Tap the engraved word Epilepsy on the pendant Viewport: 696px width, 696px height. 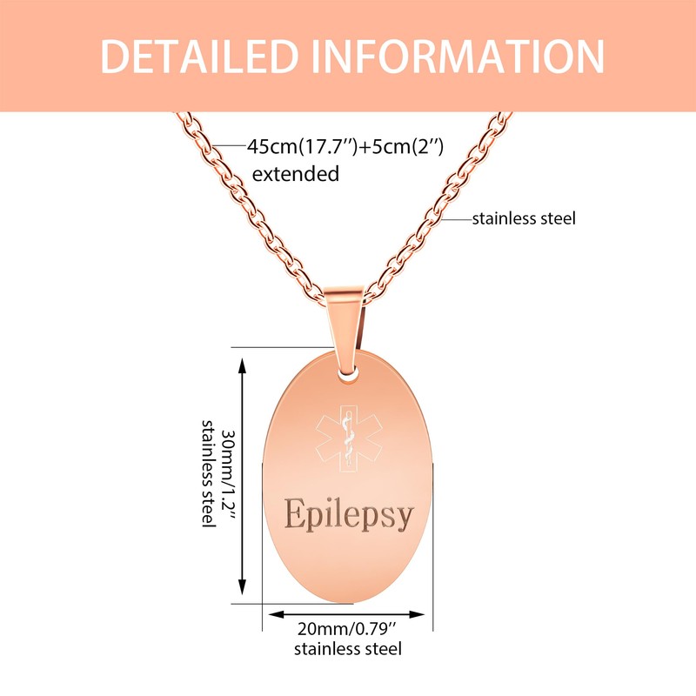tap(348, 514)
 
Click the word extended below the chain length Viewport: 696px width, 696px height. tap(295, 174)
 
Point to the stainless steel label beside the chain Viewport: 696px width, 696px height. tap(524, 218)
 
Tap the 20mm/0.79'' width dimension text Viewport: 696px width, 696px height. tap(347, 629)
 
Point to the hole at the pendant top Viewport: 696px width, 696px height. tap(351, 372)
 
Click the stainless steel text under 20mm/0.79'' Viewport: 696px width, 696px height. tap(347, 649)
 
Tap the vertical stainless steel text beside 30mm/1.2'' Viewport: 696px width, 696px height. tap(208, 472)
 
